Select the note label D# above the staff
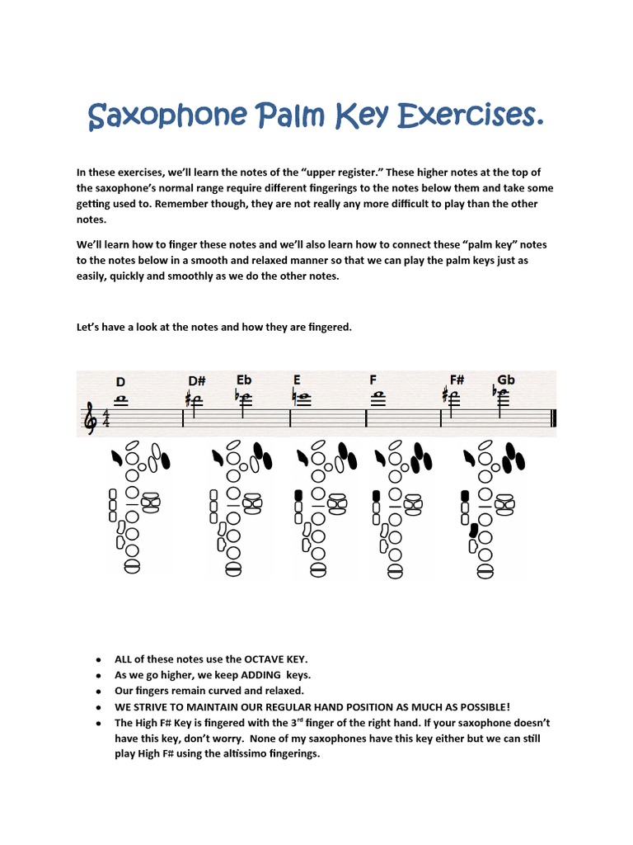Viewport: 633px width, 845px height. [196, 381]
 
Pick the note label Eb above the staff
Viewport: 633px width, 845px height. [244, 380]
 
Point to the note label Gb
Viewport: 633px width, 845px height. [505, 380]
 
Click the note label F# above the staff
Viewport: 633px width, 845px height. [457, 380]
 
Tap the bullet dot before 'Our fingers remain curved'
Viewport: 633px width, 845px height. [98, 692]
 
